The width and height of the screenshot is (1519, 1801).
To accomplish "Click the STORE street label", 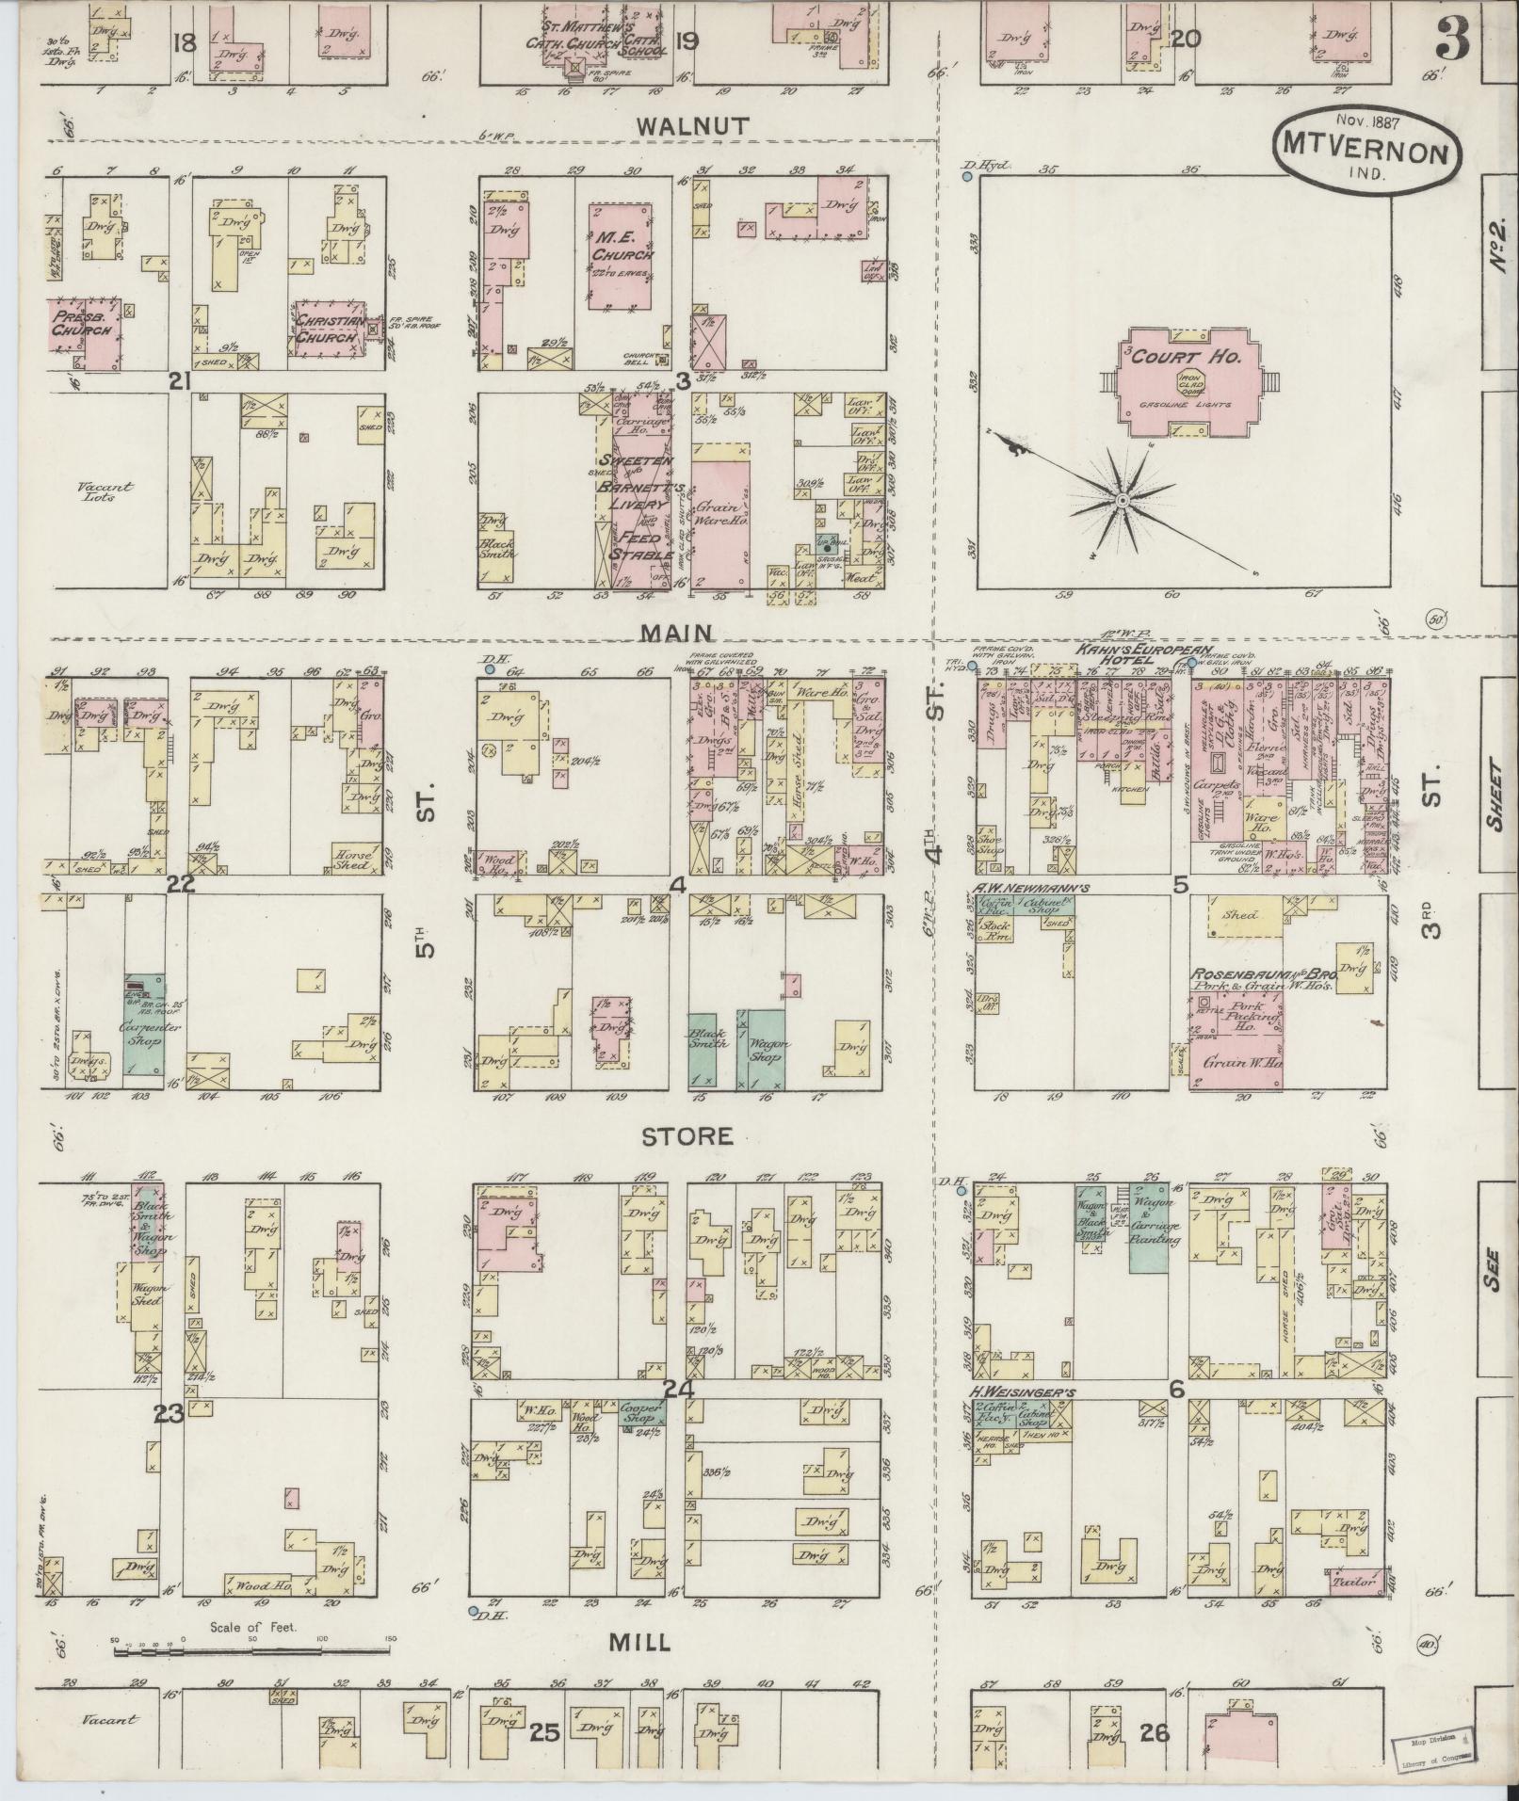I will click(687, 1136).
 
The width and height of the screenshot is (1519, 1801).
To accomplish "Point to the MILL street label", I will click(639, 1643).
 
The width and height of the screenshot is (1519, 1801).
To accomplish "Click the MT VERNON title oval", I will click(1363, 148).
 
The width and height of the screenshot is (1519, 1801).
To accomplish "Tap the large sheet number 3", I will click(1456, 40).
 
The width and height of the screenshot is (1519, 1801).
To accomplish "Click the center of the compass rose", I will click(1122, 502).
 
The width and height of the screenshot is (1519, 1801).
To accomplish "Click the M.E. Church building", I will click(622, 256).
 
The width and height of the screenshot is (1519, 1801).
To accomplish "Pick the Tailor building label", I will click(1356, 1582).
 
